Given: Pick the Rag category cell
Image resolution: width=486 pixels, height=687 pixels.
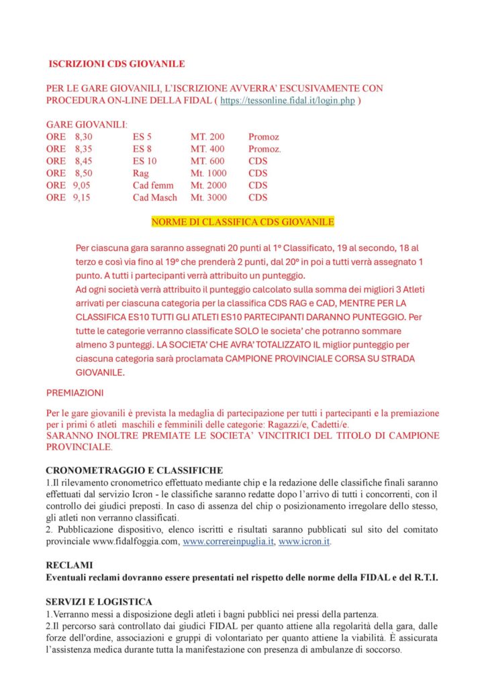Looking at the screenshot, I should pyautogui.click(x=140, y=173).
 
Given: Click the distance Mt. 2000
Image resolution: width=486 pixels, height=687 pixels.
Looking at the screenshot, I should pyautogui.click(x=209, y=185).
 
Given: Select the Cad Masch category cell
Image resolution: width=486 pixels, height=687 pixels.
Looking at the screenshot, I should pyautogui.click(x=155, y=197).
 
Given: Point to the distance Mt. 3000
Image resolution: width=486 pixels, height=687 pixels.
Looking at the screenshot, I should pyautogui.click(x=209, y=197).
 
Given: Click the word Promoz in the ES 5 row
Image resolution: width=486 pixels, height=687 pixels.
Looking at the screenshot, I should pyautogui.click(x=264, y=137).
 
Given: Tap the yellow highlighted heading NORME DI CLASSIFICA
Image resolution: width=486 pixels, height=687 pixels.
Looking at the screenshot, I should pyautogui.click(x=242, y=221).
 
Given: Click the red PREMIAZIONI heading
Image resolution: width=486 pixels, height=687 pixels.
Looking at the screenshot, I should pyautogui.click(x=75, y=392).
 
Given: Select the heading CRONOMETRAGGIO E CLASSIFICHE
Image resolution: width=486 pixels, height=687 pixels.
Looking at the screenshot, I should pyautogui.click(x=134, y=470).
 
